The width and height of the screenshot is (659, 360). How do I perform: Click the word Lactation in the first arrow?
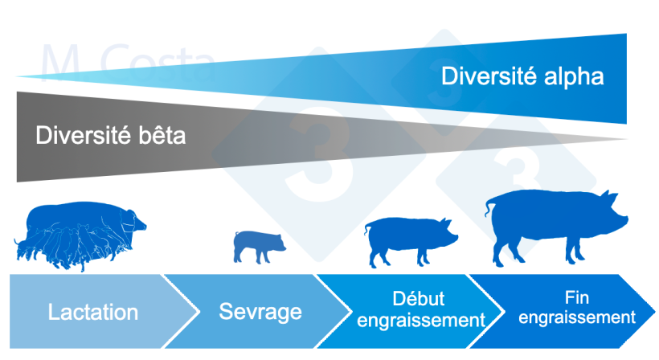click(x=92, y=313)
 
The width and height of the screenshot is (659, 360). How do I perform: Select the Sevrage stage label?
click(x=248, y=312)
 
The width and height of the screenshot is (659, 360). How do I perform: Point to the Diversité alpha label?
click(x=522, y=77)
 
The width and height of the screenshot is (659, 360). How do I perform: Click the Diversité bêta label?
click(x=110, y=135)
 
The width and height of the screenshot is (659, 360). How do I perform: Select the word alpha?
click(x=572, y=77)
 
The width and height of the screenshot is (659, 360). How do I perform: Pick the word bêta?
click(x=160, y=135)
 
